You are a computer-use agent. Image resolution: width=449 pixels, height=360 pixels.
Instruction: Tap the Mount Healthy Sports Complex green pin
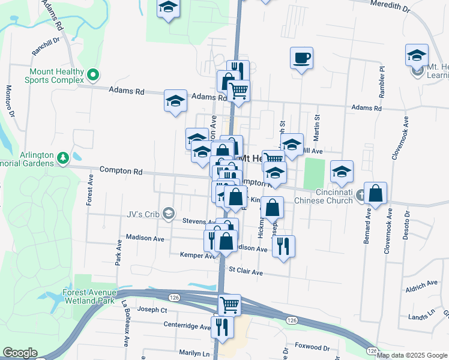92,76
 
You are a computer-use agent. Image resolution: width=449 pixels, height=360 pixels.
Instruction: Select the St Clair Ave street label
245,272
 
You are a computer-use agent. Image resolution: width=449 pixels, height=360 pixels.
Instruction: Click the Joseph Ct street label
152,310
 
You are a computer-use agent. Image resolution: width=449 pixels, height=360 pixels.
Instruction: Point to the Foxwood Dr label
312,347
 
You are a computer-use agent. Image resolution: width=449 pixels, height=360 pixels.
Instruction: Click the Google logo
20,353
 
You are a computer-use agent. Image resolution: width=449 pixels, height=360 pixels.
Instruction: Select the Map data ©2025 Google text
412,355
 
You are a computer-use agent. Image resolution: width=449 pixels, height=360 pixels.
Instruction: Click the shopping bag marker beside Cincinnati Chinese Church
376,194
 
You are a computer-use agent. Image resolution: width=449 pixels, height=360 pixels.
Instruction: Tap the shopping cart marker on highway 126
230,305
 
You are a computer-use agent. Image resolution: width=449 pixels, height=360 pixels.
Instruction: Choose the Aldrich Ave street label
421,286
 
